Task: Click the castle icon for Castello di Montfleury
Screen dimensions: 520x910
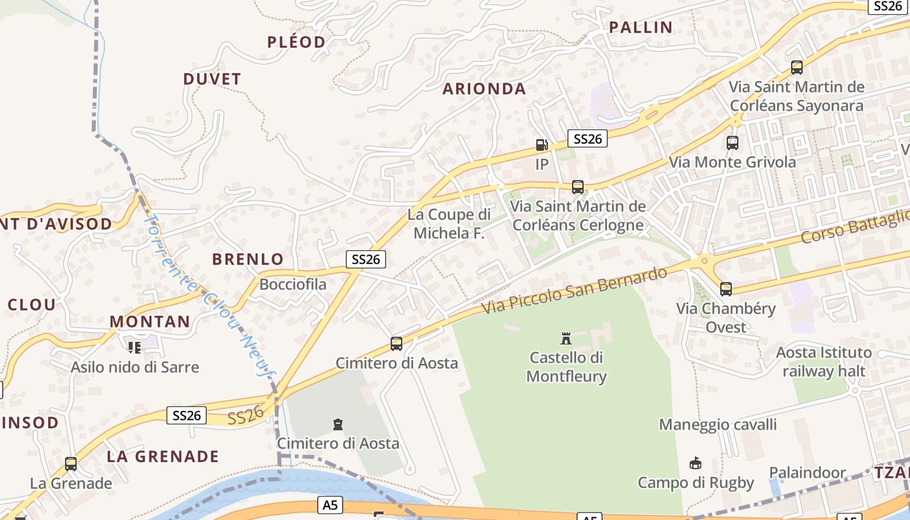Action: point(566,338)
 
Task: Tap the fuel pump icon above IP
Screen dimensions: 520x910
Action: point(541,144)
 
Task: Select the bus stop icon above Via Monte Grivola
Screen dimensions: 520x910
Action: point(733,142)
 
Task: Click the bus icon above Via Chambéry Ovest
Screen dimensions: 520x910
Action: point(726,289)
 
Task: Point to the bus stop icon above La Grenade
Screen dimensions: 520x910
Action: point(71,464)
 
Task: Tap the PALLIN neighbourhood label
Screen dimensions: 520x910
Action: point(640,27)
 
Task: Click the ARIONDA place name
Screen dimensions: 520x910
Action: point(484,89)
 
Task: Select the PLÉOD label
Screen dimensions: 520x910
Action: point(296,42)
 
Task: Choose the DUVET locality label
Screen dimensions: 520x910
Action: point(212,79)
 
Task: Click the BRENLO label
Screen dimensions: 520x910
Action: point(248,259)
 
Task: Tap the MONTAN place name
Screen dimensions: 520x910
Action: point(149,322)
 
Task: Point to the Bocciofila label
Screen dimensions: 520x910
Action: point(293,285)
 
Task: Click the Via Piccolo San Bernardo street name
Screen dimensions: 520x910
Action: point(575,291)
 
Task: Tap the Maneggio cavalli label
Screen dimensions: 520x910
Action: point(718,425)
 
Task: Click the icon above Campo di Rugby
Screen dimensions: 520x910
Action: point(695,463)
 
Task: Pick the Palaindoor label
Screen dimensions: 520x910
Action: point(807,473)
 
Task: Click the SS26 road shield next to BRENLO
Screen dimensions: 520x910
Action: point(365,259)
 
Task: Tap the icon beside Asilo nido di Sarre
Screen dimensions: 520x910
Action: point(135,347)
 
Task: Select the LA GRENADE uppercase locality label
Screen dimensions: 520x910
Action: point(163,456)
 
